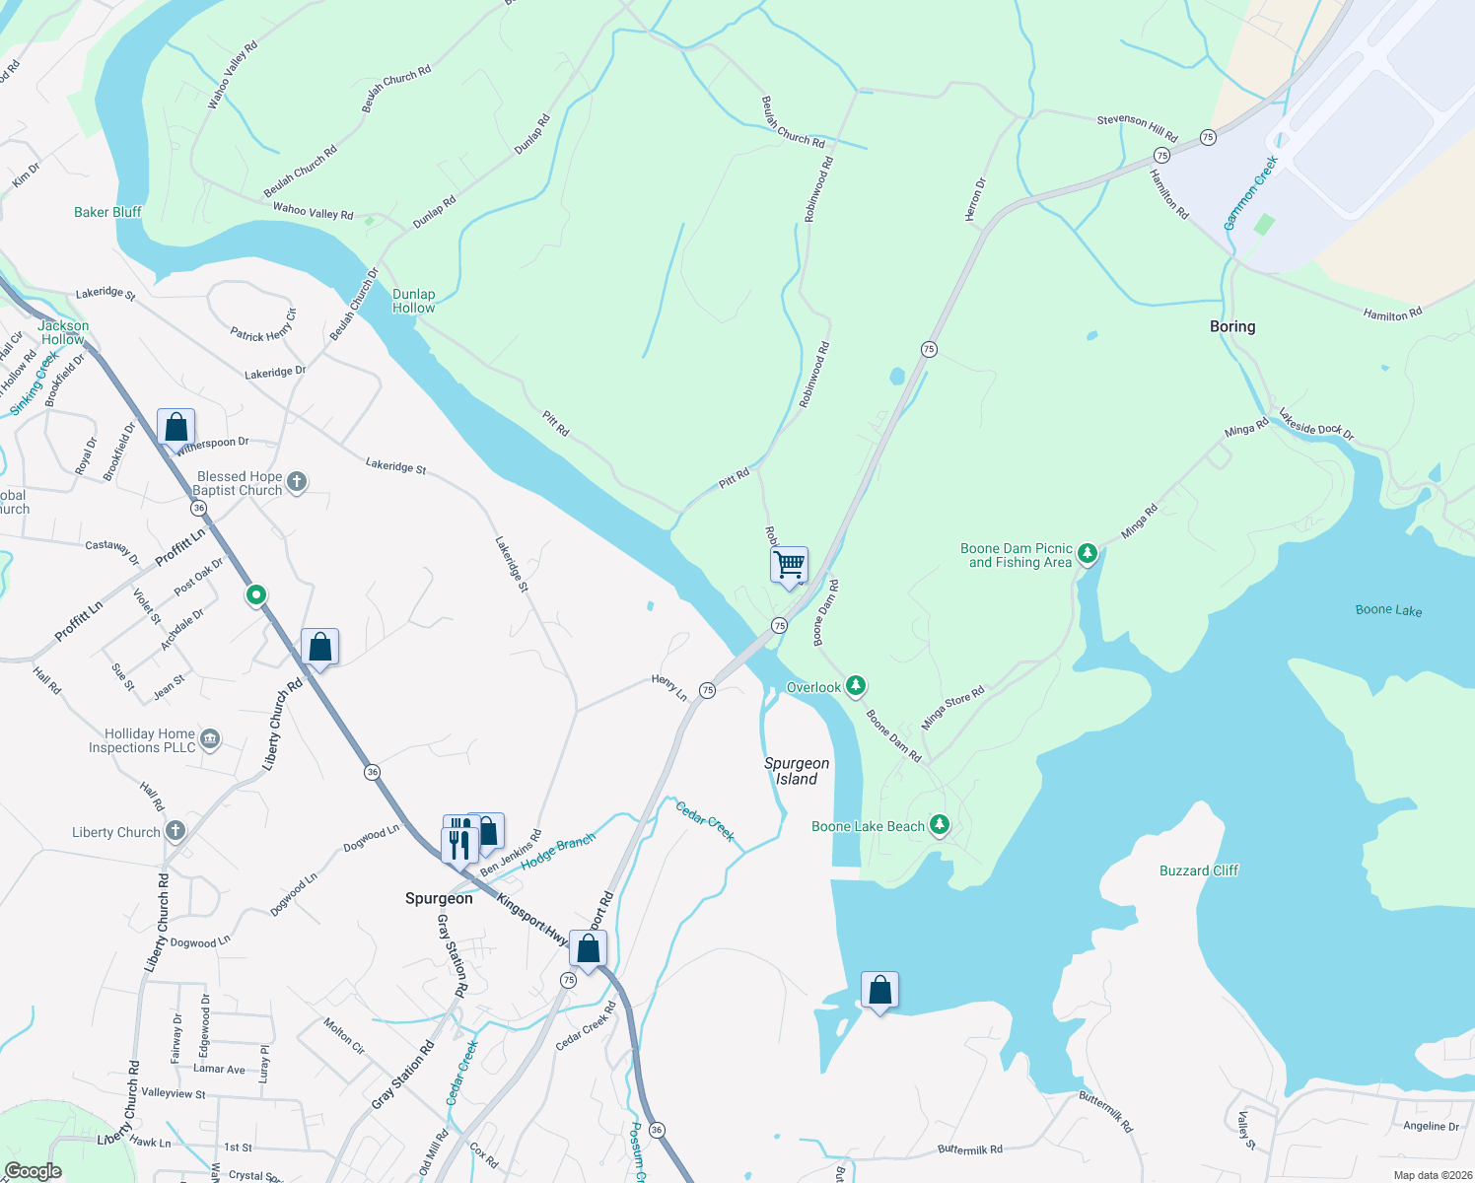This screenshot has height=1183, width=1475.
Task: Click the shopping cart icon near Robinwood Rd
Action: [x=789, y=565]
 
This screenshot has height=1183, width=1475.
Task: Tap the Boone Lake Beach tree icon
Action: [x=940, y=825]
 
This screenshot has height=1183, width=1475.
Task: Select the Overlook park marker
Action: [x=855, y=685]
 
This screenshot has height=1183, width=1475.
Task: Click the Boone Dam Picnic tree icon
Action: [x=1088, y=554]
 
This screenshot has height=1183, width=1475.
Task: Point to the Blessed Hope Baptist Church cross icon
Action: [x=297, y=482]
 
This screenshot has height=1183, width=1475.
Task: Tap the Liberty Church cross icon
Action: [x=176, y=831]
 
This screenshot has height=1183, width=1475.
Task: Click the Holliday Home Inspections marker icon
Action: [x=209, y=739]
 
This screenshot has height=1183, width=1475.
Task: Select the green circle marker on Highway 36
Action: [x=256, y=594]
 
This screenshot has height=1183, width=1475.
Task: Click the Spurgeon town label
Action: [x=439, y=898]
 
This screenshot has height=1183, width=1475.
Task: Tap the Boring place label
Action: [x=1232, y=326]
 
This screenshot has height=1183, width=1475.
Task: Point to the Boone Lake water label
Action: [x=1388, y=610]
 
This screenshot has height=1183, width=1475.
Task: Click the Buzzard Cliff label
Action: [x=1198, y=870]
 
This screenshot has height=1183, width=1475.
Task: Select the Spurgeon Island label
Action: [x=797, y=771]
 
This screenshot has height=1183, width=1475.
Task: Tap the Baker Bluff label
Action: [x=107, y=212]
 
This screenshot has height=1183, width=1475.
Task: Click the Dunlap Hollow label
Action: [x=414, y=301]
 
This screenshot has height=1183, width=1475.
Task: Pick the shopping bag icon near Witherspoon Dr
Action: [x=176, y=428]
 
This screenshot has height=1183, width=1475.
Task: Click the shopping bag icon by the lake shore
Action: [x=879, y=990]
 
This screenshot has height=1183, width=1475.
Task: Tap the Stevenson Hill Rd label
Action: [x=1137, y=126]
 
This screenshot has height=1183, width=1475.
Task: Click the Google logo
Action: [x=34, y=1171]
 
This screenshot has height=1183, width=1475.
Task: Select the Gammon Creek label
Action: [x=1250, y=193]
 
